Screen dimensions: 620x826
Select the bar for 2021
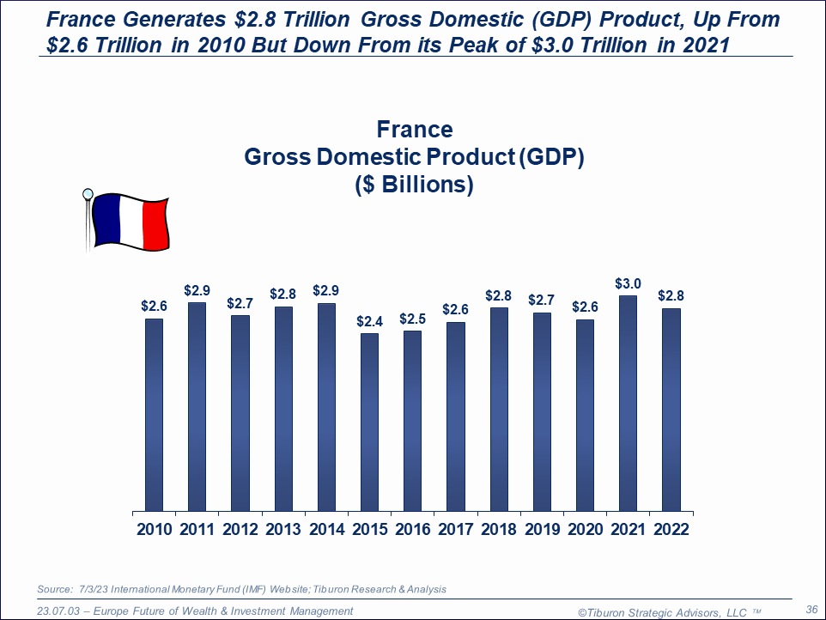tap(628, 404)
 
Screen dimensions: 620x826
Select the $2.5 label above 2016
tap(412, 319)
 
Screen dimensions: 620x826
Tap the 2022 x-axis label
tap(671, 530)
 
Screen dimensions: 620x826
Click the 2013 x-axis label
tap(282, 530)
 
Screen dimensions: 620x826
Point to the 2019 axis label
tap(542, 530)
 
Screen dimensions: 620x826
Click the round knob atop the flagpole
tap(87, 193)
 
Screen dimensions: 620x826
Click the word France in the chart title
tap(415, 130)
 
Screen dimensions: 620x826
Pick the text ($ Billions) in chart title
tap(415, 185)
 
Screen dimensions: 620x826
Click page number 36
tap(811, 608)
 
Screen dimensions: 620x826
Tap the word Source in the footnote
tap(53, 589)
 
